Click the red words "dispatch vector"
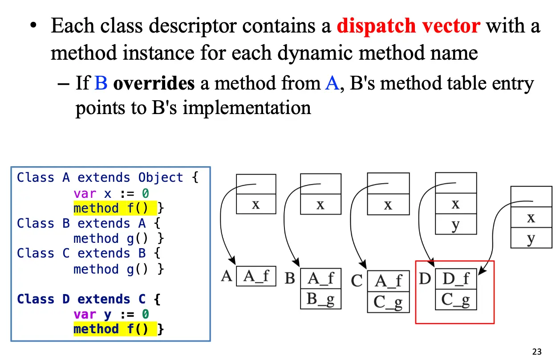[408, 26]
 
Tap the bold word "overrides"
[154, 83]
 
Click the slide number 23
[537, 352]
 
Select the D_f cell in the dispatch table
[456, 279]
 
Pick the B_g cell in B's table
[321, 299]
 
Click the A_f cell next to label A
[256, 276]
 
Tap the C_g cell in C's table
[388, 302]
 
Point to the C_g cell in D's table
[456, 299]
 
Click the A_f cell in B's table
[321, 278]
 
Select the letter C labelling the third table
[357, 281]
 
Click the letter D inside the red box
[425, 279]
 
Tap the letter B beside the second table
[290, 278]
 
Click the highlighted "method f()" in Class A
[115, 208]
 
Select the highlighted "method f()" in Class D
[115, 329]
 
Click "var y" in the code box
[92, 314]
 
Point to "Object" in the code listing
[161, 177]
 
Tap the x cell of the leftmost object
[256, 205]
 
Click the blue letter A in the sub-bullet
[332, 83]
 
